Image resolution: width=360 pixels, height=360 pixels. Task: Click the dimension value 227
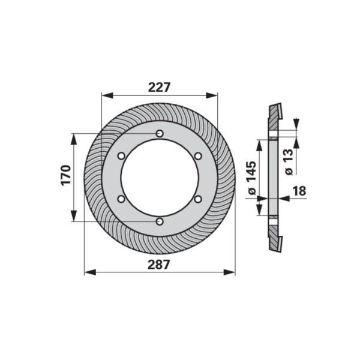160,87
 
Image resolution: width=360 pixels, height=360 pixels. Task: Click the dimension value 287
159,265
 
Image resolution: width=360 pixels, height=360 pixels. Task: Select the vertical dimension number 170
66,175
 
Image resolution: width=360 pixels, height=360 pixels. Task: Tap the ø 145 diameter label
251,178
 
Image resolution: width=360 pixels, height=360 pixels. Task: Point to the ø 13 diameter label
289,162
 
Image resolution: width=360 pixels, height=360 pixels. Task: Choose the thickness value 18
299,191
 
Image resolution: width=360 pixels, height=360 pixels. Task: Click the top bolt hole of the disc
160,133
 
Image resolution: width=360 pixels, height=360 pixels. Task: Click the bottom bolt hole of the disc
160,221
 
